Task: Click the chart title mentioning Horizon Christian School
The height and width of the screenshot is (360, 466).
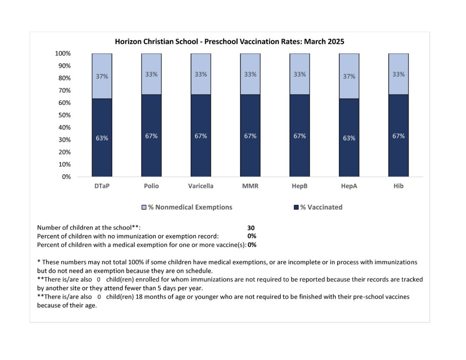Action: point(229,41)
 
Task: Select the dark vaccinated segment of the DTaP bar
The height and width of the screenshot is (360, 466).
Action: point(102,155)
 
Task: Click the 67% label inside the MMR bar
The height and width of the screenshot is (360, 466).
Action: point(250,136)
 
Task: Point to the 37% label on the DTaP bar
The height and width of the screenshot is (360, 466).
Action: point(102,76)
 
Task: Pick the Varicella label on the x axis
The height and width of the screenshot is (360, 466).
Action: point(201,186)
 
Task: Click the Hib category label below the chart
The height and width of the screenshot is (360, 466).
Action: point(398,186)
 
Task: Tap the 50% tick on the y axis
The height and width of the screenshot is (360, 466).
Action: point(63,115)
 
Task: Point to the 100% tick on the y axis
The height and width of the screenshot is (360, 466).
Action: point(62,54)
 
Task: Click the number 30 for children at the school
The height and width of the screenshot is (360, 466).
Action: point(251,228)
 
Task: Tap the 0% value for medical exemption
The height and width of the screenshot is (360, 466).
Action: point(252,245)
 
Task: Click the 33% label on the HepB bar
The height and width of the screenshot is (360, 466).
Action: point(299,74)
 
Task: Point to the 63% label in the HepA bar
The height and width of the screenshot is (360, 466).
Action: point(349,138)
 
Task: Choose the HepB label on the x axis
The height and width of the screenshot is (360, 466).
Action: point(299,186)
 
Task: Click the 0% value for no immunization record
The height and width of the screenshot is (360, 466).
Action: point(252,236)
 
